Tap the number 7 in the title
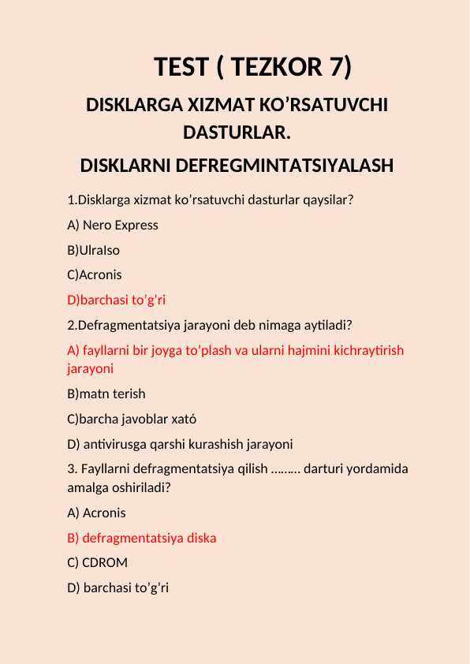click(334, 68)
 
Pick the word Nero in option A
click(97, 225)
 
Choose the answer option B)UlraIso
click(94, 250)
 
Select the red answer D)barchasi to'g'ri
click(117, 300)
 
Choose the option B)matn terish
click(106, 394)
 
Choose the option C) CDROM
click(98, 563)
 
